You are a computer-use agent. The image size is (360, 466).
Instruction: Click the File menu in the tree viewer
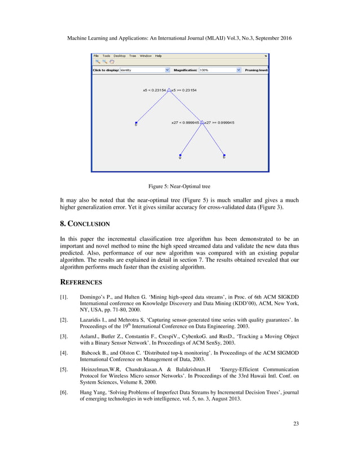click(x=96, y=56)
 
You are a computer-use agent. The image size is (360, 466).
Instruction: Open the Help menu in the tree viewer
click(x=159, y=56)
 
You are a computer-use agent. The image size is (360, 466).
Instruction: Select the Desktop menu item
click(x=120, y=56)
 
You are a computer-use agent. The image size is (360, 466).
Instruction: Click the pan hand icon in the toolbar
click(x=112, y=62)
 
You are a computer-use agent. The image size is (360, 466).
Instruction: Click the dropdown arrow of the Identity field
click(x=167, y=71)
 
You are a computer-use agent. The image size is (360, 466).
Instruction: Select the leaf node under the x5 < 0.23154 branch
click(x=136, y=122)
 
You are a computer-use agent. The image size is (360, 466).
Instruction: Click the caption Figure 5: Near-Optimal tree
click(x=179, y=186)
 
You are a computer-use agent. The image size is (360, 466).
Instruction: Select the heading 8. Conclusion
click(x=84, y=223)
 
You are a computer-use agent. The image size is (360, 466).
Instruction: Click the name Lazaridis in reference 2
click(x=93, y=319)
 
